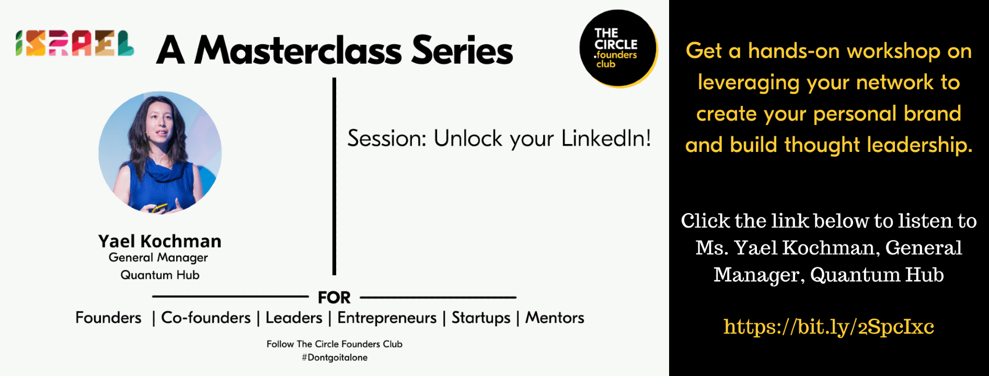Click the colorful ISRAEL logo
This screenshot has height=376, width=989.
coord(75,43)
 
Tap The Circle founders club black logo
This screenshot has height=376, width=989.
coord(618,48)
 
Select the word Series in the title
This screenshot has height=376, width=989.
coord(463,51)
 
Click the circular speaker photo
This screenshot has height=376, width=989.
coord(160,152)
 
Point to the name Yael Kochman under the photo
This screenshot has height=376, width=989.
coord(160,241)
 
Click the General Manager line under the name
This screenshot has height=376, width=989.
coord(158,257)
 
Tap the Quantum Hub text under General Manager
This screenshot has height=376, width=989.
coord(160,275)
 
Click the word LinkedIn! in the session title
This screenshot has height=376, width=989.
coord(606,138)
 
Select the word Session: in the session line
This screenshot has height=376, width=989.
coord(387,138)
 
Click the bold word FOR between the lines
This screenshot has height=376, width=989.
coord(334,298)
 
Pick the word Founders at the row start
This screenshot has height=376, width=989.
coord(108,318)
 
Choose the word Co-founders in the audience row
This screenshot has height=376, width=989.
coord(206,318)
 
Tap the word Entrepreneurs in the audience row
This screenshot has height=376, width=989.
coord(387,318)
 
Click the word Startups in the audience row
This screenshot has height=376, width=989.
coord(481,318)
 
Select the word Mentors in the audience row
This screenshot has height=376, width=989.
coord(555,318)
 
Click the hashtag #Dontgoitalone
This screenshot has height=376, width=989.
coord(335,358)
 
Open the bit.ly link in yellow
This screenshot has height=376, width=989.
coord(829,327)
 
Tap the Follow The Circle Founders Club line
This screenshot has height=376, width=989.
coord(335,344)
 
